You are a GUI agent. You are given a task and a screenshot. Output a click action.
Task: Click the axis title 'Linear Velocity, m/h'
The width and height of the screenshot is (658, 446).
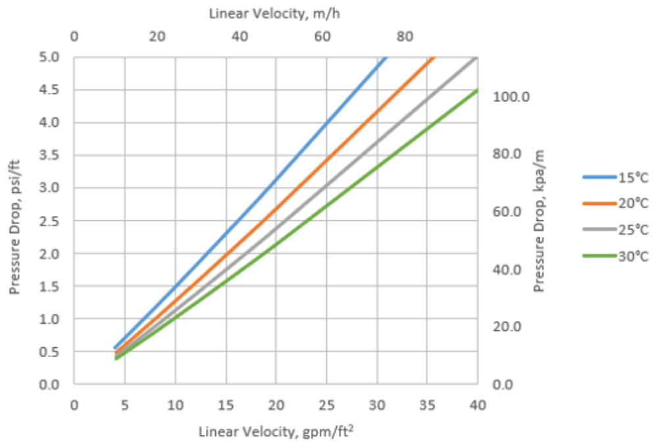275,13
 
